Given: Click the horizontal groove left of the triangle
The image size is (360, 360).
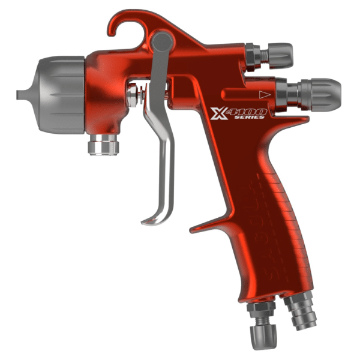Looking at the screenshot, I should point(237,94).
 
